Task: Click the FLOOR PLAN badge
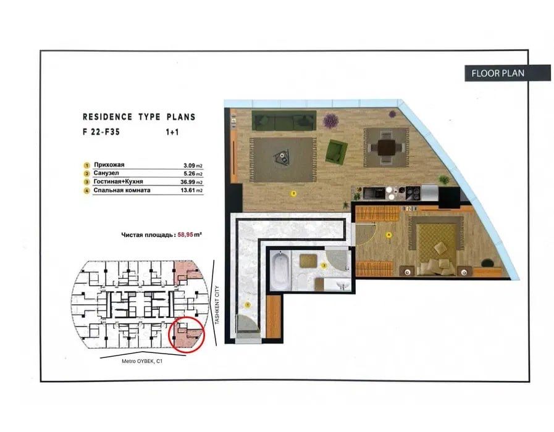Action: pyautogui.click(x=507, y=73)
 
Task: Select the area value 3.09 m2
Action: pyautogui.click(x=193, y=165)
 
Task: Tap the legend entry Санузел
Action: pyautogui.click(x=106, y=173)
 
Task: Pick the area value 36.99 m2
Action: pyautogui.click(x=191, y=182)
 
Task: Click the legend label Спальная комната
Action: pyautogui.click(x=122, y=190)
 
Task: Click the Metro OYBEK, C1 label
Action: pyautogui.click(x=142, y=361)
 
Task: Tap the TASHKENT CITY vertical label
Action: pyautogui.click(x=217, y=305)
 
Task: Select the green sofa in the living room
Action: pyautogui.click(x=283, y=121)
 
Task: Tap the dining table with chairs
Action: pyautogui.click(x=385, y=147)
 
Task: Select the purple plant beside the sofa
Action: pyautogui.click(x=330, y=121)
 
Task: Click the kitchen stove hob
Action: pyautogui.click(x=413, y=193)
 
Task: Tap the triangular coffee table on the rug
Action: pyautogui.click(x=283, y=156)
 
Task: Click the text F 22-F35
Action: pyautogui.click(x=101, y=132)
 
